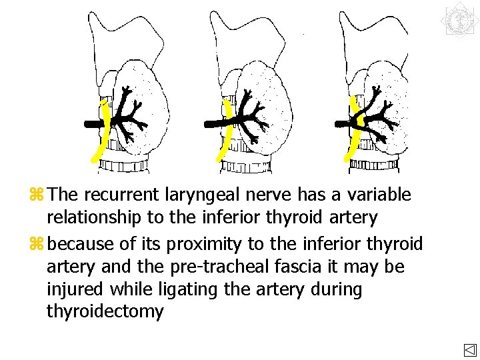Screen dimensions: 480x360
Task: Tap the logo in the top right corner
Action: tap(459, 19)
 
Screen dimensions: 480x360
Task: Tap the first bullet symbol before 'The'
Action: tap(37, 195)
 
